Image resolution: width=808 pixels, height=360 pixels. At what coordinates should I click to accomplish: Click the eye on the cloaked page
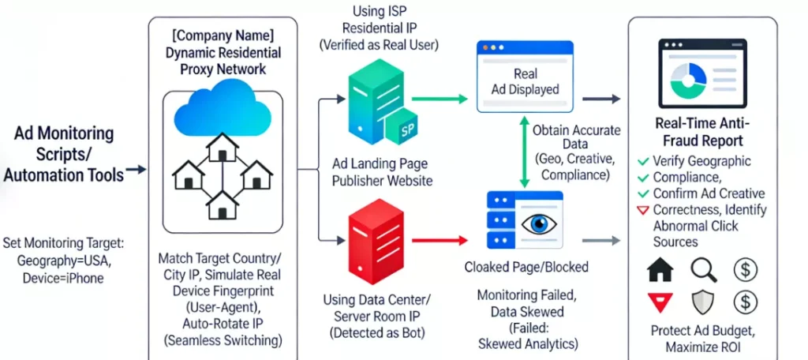[541, 223]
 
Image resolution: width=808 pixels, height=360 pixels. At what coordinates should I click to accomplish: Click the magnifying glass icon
[701, 270]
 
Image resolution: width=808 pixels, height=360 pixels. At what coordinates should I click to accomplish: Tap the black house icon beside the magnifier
[660, 270]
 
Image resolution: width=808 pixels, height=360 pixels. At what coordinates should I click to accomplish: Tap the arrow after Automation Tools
[136, 170]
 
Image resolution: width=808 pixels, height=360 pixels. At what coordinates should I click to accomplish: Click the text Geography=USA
[62, 261]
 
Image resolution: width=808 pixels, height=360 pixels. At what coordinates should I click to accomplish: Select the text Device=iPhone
[62, 278]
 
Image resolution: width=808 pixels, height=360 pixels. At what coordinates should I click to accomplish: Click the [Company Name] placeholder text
[222, 36]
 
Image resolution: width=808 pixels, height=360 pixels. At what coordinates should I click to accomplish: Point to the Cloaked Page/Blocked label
[526, 267]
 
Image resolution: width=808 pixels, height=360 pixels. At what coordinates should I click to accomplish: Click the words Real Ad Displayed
[526, 81]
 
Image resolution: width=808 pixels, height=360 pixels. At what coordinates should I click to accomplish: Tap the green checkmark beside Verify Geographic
[643, 163]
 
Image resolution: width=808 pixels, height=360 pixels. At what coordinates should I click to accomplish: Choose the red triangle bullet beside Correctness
[643, 211]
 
